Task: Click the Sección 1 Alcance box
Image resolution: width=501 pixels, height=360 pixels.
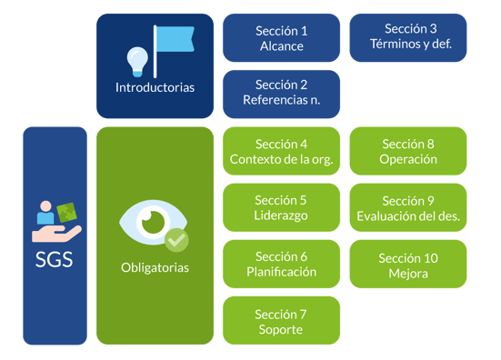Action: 281,37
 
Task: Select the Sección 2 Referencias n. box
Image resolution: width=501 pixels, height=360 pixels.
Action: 281,95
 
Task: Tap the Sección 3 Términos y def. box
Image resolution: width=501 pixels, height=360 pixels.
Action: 408,37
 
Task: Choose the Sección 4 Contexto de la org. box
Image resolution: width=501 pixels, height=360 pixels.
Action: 281,151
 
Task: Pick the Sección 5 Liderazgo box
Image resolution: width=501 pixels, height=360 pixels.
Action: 281,207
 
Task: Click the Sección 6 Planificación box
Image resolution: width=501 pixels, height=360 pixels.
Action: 281,264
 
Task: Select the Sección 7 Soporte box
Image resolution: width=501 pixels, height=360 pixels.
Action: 281,320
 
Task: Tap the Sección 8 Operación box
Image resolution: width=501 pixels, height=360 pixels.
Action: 408,151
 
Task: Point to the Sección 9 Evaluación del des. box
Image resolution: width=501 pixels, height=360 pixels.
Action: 408,207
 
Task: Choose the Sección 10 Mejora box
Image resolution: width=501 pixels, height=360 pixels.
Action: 408,264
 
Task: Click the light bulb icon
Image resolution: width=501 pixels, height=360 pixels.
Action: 137,62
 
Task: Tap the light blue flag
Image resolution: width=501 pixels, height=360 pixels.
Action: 175,39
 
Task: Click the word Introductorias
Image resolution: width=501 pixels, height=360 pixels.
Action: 155,87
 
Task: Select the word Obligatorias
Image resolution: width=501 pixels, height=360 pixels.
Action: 155,267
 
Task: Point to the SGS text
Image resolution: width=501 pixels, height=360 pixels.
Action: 55,259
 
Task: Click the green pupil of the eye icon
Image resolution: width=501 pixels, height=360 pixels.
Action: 153,222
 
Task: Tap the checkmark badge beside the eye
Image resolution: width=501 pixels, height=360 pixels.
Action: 176,240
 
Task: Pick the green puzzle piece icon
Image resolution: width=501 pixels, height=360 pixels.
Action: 66,212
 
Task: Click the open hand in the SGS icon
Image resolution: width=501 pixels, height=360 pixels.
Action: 56,234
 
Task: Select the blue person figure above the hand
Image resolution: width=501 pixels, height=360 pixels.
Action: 45,213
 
